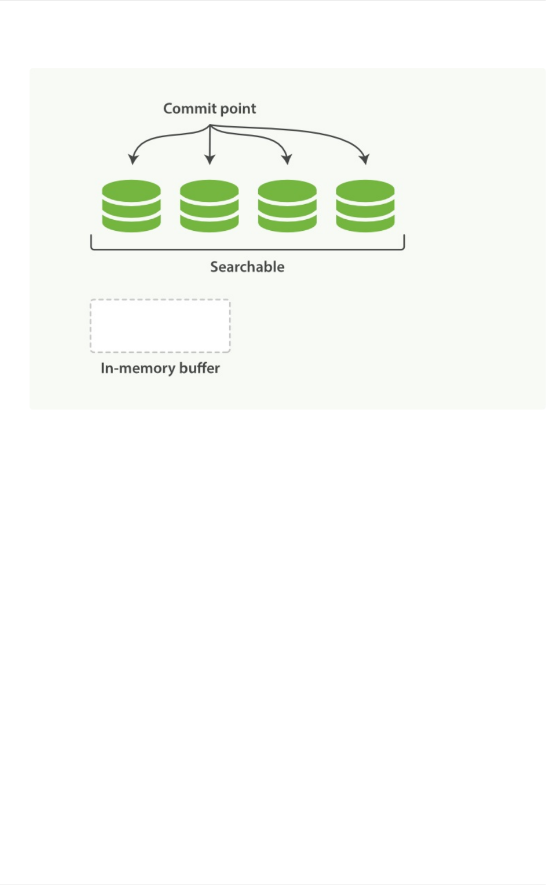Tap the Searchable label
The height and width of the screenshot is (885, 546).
[247, 267]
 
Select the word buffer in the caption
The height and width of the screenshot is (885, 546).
[199, 368]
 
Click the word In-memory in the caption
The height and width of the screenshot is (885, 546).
[138, 368]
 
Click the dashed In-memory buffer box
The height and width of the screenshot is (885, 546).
[160, 326]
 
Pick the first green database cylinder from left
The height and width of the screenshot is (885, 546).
[131, 206]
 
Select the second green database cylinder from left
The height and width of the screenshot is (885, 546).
[210, 206]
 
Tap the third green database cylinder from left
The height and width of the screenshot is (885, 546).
[287, 206]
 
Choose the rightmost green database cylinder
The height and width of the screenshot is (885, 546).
[365, 206]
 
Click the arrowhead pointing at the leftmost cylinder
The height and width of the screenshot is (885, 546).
[133, 159]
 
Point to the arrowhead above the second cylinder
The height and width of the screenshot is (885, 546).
[210, 159]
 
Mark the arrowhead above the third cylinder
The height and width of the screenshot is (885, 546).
[287, 159]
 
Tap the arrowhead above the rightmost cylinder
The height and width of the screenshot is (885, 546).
[364, 159]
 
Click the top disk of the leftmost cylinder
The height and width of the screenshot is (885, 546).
[131, 190]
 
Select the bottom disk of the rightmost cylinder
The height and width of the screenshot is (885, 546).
[365, 223]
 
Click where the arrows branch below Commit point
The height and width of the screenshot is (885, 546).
[210, 126]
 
